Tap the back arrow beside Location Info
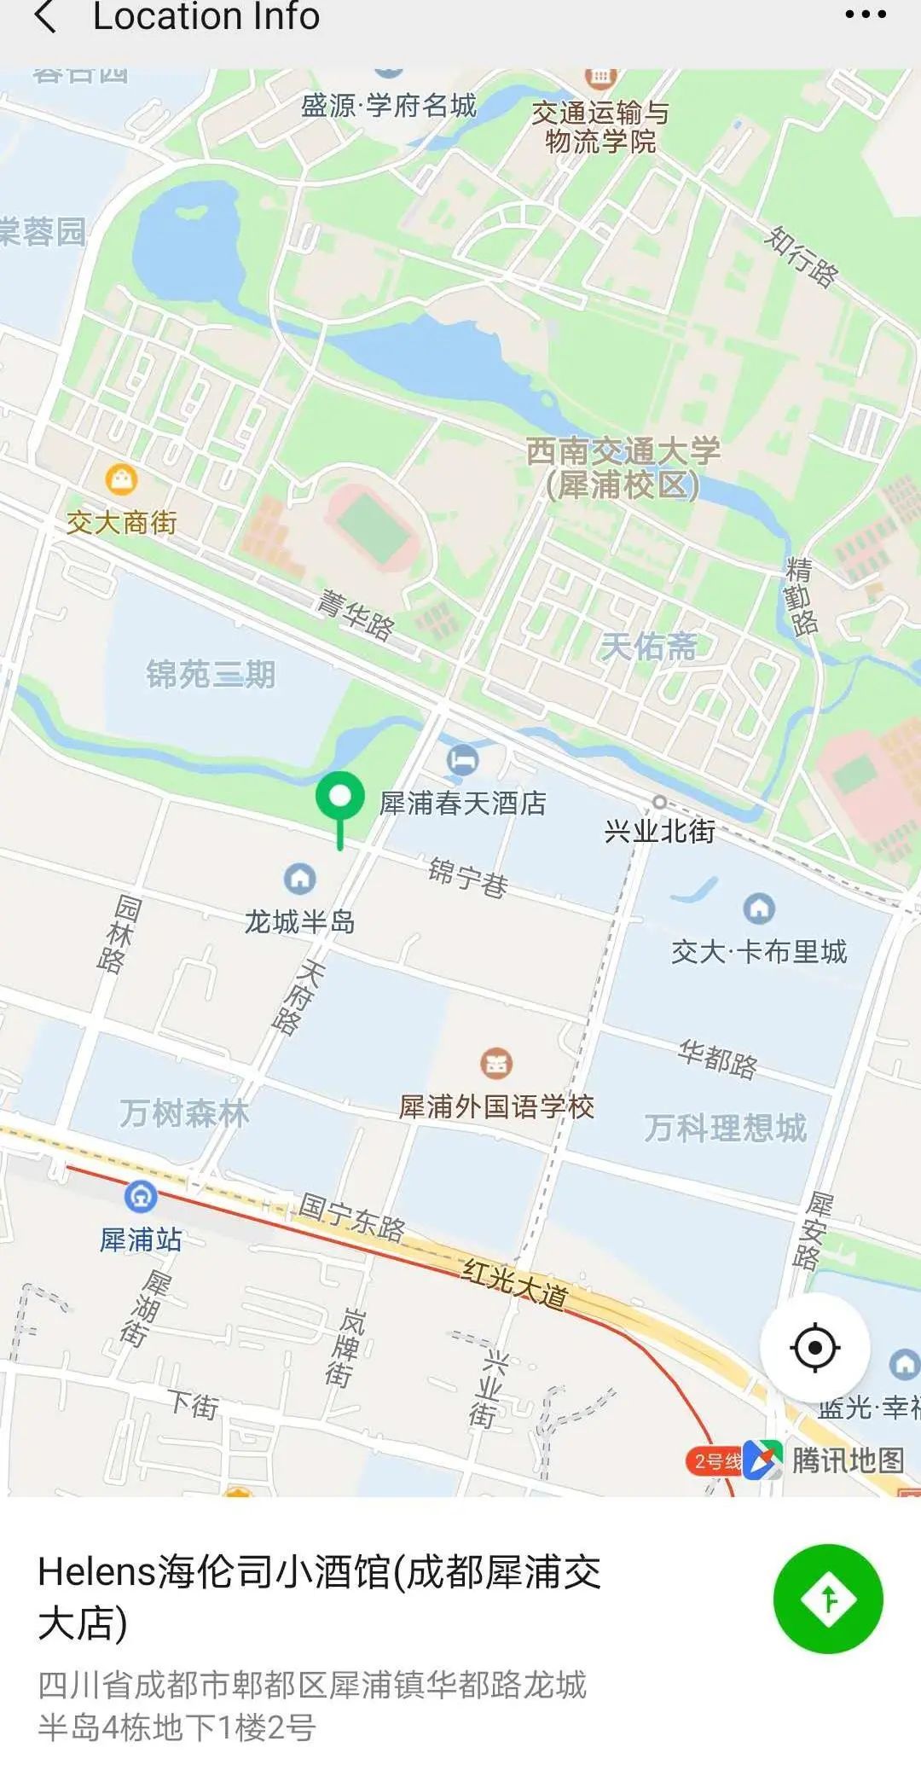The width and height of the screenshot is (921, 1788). pos(46,17)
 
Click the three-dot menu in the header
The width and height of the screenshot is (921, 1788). pos(865,15)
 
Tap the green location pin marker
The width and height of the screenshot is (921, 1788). pos(339,798)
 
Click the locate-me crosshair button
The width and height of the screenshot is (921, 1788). pos(814,1348)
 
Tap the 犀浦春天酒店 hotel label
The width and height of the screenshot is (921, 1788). pos(462,804)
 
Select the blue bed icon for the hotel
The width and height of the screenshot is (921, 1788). pos(462,758)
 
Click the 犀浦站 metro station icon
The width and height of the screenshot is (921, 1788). pos(141,1197)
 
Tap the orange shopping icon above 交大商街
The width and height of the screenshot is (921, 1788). pos(121,479)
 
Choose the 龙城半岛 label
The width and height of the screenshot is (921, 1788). pos(299,922)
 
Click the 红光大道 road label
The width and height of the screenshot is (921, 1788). pos(514,1284)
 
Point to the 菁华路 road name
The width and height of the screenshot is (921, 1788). pos(356,615)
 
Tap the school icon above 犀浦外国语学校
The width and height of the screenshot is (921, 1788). pos(496,1063)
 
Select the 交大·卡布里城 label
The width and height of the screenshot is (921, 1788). pos(759,952)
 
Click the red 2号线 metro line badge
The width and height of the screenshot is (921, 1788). pos(715,1461)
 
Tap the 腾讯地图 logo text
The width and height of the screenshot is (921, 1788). pos(847,1460)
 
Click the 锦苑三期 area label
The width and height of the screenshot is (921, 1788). pos(211,674)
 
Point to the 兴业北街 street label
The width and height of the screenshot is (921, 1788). pos(659,831)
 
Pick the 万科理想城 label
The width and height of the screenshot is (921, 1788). pos(725,1128)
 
